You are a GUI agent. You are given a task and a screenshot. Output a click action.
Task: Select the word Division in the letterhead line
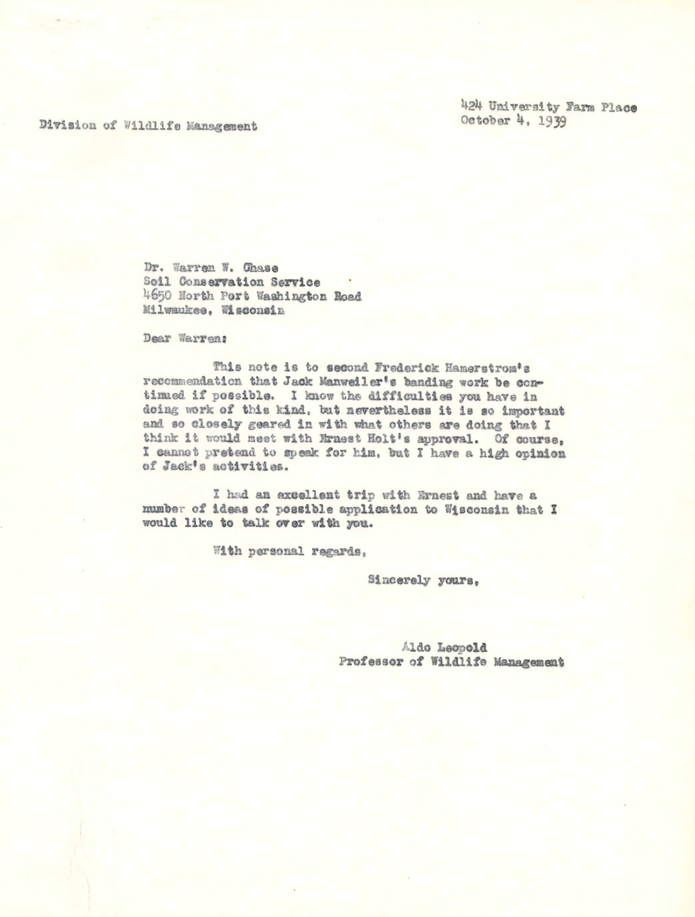pos(68,126)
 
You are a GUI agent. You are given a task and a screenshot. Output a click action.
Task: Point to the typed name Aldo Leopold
pos(443,647)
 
